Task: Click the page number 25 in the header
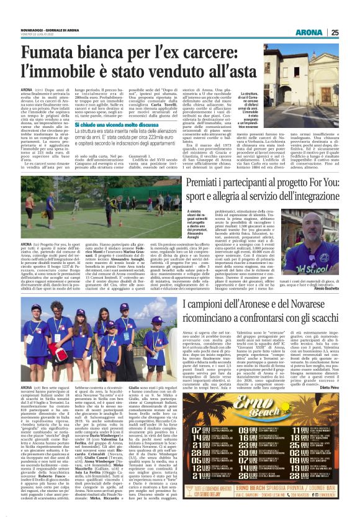[334, 32]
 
